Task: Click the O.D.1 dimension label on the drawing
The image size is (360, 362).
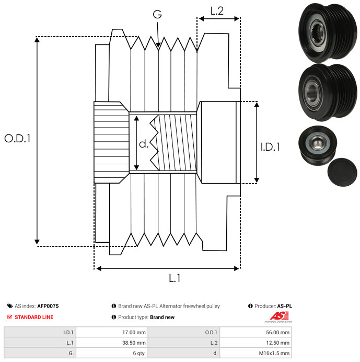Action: point(17,139)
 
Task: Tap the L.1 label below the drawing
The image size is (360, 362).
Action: point(175,279)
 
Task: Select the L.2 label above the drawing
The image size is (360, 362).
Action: point(217,10)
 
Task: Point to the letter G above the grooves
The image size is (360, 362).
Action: point(157,15)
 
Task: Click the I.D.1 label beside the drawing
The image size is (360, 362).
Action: point(270,147)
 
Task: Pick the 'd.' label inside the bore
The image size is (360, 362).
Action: point(144,144)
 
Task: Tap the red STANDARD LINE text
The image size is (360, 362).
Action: point(33,317)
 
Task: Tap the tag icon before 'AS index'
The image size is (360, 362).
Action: point(9,306)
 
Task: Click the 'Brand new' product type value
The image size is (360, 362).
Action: point(162,317)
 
